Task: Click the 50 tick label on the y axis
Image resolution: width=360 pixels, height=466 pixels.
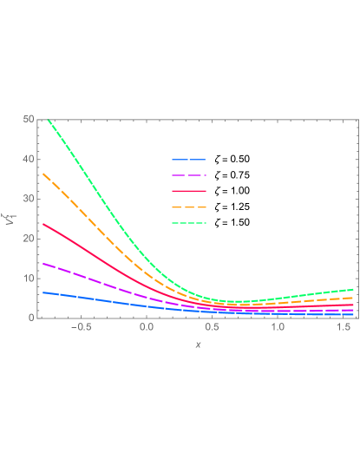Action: (x=29, y=119)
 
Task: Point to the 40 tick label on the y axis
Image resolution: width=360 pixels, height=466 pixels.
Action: (x=29, y=159)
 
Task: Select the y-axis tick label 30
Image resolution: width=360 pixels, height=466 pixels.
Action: (x=29, y=199)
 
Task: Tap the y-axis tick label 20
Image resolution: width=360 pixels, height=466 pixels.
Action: (x=29, y=239)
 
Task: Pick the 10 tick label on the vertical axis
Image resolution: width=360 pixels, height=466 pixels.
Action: (x=29, y=279)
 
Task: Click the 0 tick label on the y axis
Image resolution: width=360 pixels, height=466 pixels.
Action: (x=31, y=318)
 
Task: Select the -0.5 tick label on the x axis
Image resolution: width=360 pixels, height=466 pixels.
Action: (x=80, y=328)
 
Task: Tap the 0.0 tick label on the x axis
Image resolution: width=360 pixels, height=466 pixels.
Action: (x=147, y=328)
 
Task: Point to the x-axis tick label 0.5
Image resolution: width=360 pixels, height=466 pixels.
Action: (x=213, y=328)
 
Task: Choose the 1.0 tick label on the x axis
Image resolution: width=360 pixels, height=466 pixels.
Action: (x=278, y=328)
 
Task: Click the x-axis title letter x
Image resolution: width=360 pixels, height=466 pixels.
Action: (x=198, y=345)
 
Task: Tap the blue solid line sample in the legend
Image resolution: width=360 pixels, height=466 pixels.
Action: (x=188, y=160)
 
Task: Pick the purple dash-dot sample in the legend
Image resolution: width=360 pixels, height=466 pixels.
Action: (x=188, y=175)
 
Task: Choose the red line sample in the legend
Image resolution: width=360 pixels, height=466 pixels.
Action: (x=188, y=191)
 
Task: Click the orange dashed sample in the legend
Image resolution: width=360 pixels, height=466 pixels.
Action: (x=188, y=207)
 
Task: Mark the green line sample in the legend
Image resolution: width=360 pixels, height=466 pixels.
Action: (x=188, y=223)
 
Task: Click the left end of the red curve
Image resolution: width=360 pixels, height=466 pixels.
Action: (x=43, y=224)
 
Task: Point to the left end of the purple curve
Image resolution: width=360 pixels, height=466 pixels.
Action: (x=43, y=263)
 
